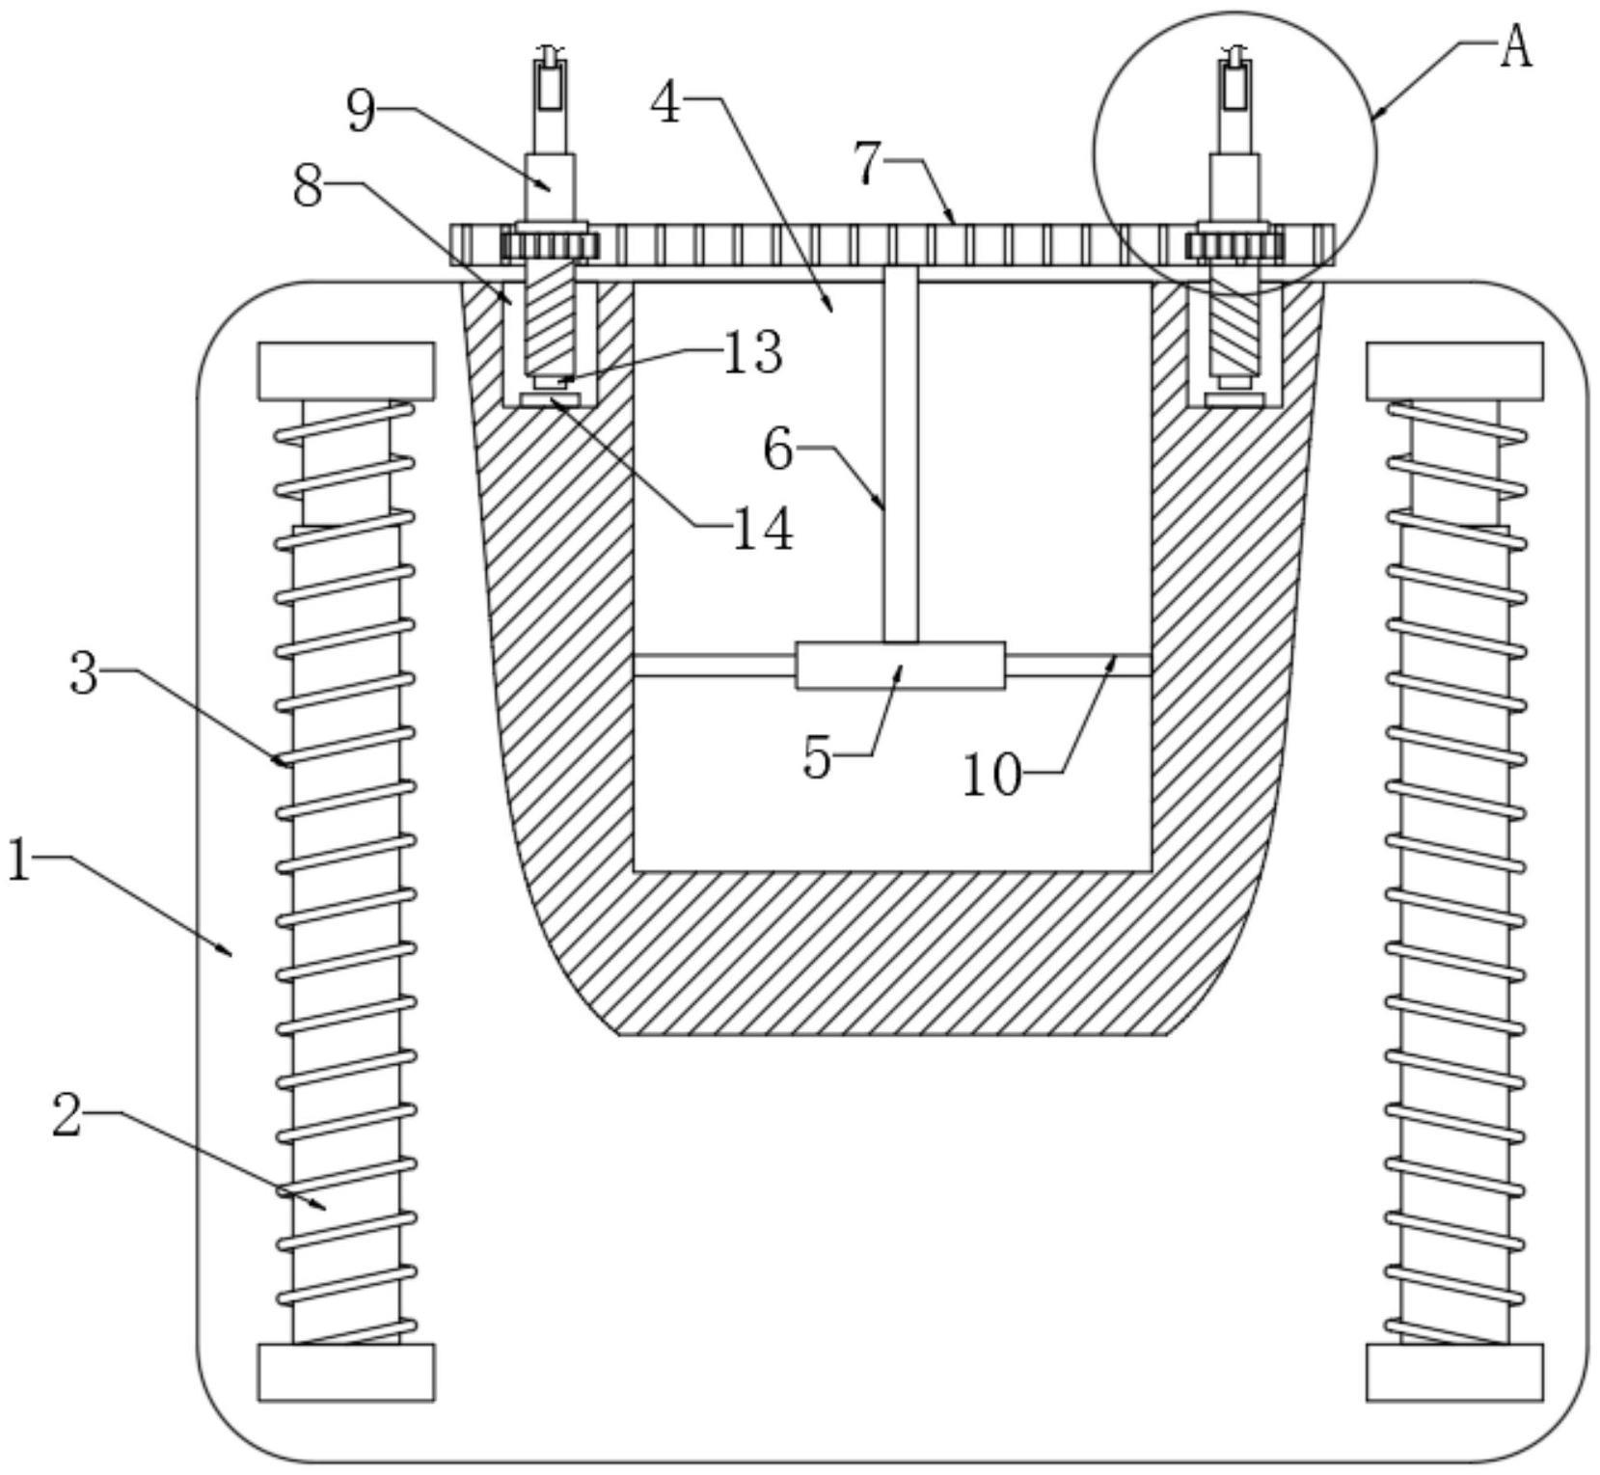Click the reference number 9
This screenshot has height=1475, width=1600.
coord(361,112)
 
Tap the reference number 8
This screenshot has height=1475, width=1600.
coord(308,187)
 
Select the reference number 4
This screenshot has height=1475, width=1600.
coord(666,103)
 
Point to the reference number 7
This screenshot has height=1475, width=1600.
coord(868,163)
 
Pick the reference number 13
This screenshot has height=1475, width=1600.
coord(753,354)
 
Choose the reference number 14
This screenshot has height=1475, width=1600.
coord(763,529)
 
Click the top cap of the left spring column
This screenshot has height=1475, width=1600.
coord(346,370)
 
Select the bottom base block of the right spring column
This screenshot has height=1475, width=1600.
coord(1454,1372)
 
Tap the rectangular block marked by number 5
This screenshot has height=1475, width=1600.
coord(900,665)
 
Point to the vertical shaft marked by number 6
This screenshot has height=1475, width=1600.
coord(901,453)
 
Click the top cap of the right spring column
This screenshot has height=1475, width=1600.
coord(1454,370)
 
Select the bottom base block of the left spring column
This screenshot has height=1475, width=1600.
coord(346,1372)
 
